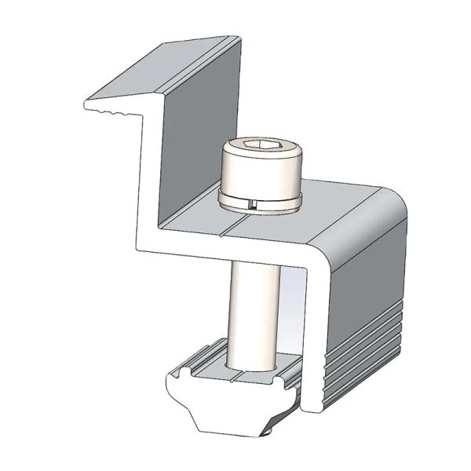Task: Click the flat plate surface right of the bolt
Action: click(345, 212)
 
